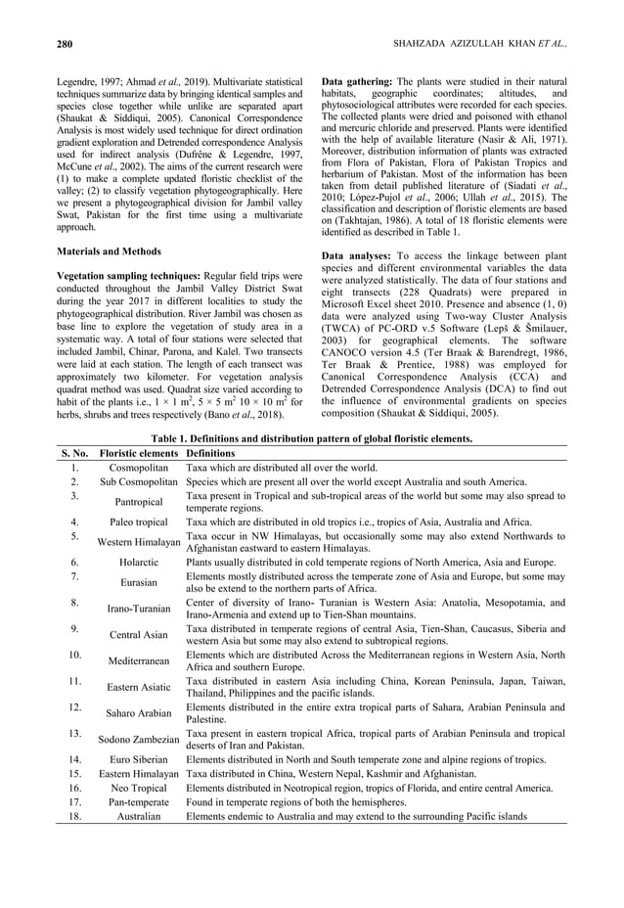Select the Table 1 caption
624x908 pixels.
(311, 438)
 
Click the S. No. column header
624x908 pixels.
(73, 453)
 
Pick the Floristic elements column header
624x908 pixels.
(139, 453)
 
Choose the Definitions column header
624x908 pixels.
(212, 453)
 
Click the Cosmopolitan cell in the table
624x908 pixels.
(139, 468)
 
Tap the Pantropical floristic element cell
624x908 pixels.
(139, 502)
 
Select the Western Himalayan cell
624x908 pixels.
(139, 542)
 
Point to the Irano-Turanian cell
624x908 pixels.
(139, 609)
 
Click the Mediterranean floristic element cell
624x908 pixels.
(139, 660)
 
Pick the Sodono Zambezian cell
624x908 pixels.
(139, 740)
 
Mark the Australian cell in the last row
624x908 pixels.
(139, 816)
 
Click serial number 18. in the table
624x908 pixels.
(74, 816)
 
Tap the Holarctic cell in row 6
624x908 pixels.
(139, 563)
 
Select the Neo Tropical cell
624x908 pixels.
(139, 788)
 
